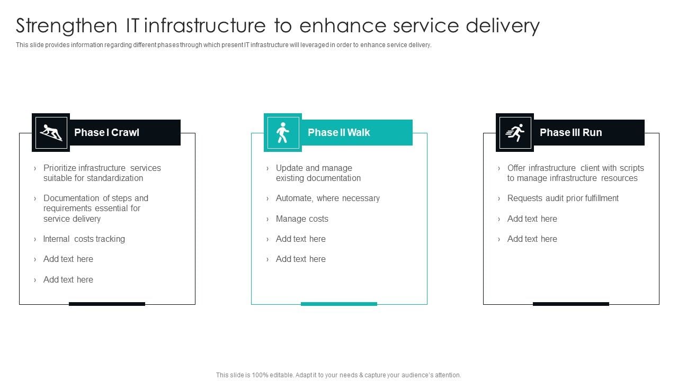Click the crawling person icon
(51, 132)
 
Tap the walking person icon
(283, 132)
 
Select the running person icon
(515, 132)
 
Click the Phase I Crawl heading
(106, 132)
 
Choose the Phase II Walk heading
(339, 132)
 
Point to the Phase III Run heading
(570, 132)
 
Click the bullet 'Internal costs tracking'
(84, 239)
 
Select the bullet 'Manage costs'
(302, 219)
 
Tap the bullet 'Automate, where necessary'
(327, 198)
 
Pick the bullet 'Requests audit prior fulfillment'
(563, 198)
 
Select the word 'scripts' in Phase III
(631, 168)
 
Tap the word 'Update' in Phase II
(289, 168)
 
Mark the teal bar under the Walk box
(339, 304)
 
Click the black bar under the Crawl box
(107, 304)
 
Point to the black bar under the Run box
(570, 304)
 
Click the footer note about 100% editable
(338, 375)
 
